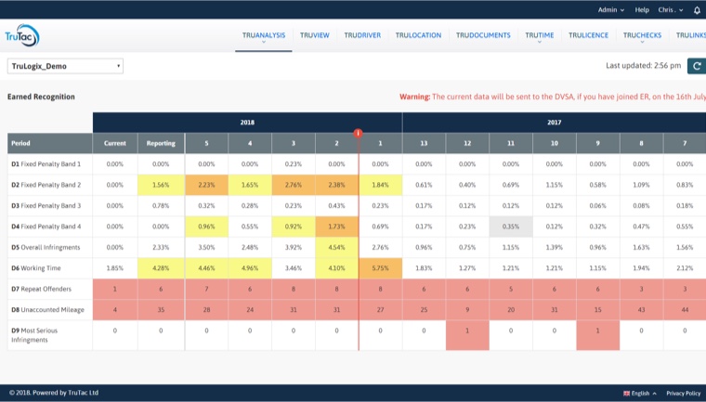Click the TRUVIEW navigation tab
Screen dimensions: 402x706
coord(314,35)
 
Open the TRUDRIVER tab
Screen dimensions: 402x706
coord(361,35)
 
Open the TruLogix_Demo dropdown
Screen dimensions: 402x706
coord(65,66)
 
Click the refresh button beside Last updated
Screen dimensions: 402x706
coord(696,66)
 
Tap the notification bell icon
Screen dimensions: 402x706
coord(697,9)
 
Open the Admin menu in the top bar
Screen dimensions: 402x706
coord(610,9)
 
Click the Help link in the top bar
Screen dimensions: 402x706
coord(642,9)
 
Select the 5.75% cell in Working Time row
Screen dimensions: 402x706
coord(380,267)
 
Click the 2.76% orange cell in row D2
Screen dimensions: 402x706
coord(293,185)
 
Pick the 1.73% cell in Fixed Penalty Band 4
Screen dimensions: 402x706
coord(336,226)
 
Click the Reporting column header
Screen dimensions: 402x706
coord(161,143)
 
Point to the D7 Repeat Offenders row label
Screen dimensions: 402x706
coord(44,289)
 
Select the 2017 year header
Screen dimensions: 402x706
coord(554,122)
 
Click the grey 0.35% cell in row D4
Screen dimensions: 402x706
coord(510,226)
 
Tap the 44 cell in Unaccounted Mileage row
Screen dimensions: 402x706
coord(684,309)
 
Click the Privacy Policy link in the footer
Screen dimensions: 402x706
coord(683,393)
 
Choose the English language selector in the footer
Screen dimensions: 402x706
coord(639,393)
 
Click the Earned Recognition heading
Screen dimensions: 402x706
coord(41,97)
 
